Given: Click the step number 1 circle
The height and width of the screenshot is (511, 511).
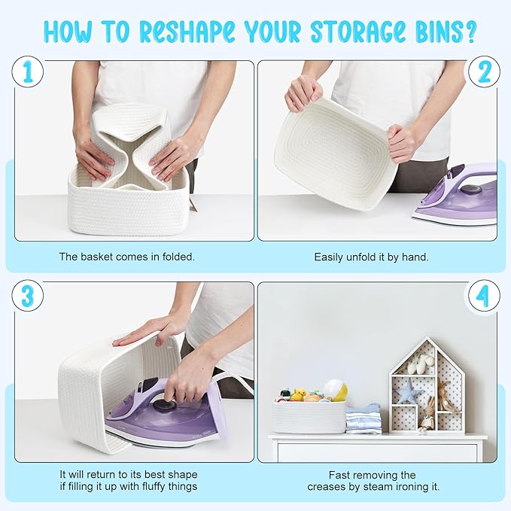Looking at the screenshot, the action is click(28, 71).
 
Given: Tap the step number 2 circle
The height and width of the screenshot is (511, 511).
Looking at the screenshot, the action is click(484, 71).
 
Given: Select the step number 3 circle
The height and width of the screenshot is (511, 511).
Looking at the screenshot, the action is click(28, 296).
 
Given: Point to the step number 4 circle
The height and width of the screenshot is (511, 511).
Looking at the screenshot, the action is click(484, 296).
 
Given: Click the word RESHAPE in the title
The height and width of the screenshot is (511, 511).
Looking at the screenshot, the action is click(187, 32).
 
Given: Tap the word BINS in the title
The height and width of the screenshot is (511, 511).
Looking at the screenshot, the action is click(440, 32).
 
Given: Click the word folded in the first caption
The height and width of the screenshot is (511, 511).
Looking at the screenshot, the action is click(178, 257).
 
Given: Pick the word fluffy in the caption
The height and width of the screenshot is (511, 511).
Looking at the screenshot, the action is click(154, 487).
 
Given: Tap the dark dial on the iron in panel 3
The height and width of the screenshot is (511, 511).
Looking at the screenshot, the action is click(164, 405).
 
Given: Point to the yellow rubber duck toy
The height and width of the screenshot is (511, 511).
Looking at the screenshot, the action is click(298, 394).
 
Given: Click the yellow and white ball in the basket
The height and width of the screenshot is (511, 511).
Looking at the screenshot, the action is click(335, 390).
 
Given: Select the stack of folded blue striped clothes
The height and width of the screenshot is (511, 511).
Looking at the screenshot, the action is click(363, 418).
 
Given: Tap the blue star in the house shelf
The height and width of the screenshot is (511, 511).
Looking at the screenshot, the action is click(406, 391).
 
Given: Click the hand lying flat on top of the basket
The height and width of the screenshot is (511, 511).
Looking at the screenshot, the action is click(144, 334).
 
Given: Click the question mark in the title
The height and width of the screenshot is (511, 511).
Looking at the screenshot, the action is click(470, 32).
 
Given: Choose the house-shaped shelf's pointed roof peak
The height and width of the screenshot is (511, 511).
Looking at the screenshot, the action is click(426, 338).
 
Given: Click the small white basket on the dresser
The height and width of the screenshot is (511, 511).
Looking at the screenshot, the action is click(309, 417).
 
